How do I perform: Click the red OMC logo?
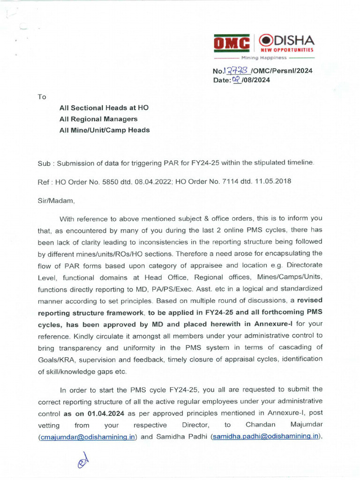pos(232,44)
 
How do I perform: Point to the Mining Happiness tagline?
pos(263,58)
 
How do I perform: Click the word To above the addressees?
pos(42,97)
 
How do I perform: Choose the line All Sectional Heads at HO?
pos(104,108)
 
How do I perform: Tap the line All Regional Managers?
pos(98,119)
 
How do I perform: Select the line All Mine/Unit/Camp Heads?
pos(104,130)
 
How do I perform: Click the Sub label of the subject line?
pos(43,163)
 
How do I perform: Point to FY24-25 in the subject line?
pos(203,163)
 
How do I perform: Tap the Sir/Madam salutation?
pos(56,201)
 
